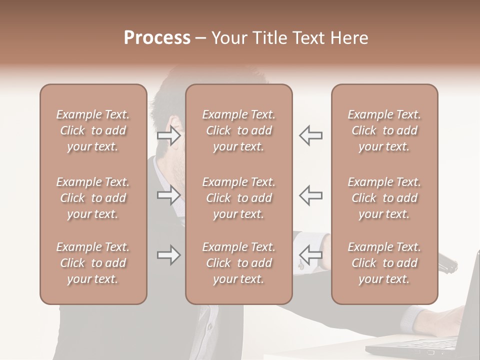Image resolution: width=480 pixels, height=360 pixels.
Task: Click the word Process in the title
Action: tap(157, 38)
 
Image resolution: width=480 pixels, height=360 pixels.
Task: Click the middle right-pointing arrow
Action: tap(168, 195)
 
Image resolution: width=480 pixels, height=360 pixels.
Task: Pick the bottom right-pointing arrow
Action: tap(168, 255)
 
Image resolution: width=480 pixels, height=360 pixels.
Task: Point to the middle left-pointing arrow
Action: tap(310, 195)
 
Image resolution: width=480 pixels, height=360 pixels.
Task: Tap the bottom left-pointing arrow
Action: tap(310, 255)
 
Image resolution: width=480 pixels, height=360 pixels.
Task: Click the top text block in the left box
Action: tap(93, 130)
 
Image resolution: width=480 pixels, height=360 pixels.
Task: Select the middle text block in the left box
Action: tap(93, 198)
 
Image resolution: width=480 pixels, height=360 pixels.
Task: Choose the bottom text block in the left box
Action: tap(93, 263)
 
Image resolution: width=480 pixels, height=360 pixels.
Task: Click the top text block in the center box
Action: tap(238, 130)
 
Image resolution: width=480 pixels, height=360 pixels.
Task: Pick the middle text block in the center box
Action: tap(238, 198)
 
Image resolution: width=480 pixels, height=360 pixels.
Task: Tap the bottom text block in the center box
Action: tap(238, 263)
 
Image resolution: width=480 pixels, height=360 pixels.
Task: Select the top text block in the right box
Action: tap(384, 130)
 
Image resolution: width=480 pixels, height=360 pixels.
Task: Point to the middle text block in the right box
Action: tap(384, 198)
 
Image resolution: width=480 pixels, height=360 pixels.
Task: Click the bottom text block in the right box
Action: tap(384, 263)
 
